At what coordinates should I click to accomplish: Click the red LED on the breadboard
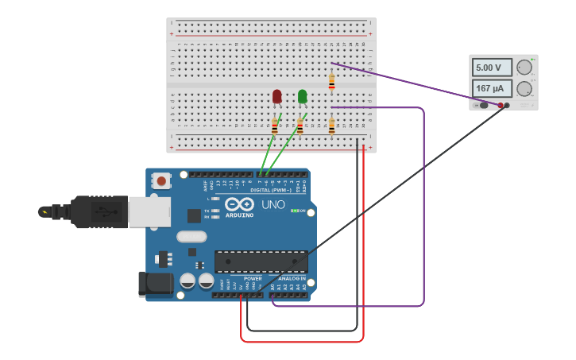click(276, 96)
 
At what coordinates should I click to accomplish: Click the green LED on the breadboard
click(302, 96)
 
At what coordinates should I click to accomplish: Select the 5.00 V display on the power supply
click(492, 68)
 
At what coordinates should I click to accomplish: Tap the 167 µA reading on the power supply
click(492, 88)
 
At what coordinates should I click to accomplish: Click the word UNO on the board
click(273, 204)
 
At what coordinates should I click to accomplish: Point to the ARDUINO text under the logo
click(239, 215)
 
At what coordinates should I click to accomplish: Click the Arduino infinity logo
click(238, 203)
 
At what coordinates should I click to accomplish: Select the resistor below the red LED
click(275, 126)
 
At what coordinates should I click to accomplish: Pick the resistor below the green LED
click(300, 126)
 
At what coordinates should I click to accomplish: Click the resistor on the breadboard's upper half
click(331, 82)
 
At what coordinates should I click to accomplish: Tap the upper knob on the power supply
click(524, 68)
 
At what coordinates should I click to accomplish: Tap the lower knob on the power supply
click(524, 88)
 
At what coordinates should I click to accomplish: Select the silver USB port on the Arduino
click(149, 211)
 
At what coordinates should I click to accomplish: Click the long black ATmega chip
click(261, 261)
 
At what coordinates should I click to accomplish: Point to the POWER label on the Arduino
click(253, 279)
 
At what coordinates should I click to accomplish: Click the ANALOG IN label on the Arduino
click(292, 279)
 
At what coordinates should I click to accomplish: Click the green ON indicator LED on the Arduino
click(294, 211)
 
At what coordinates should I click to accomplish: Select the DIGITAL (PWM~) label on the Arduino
click(271, 190)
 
